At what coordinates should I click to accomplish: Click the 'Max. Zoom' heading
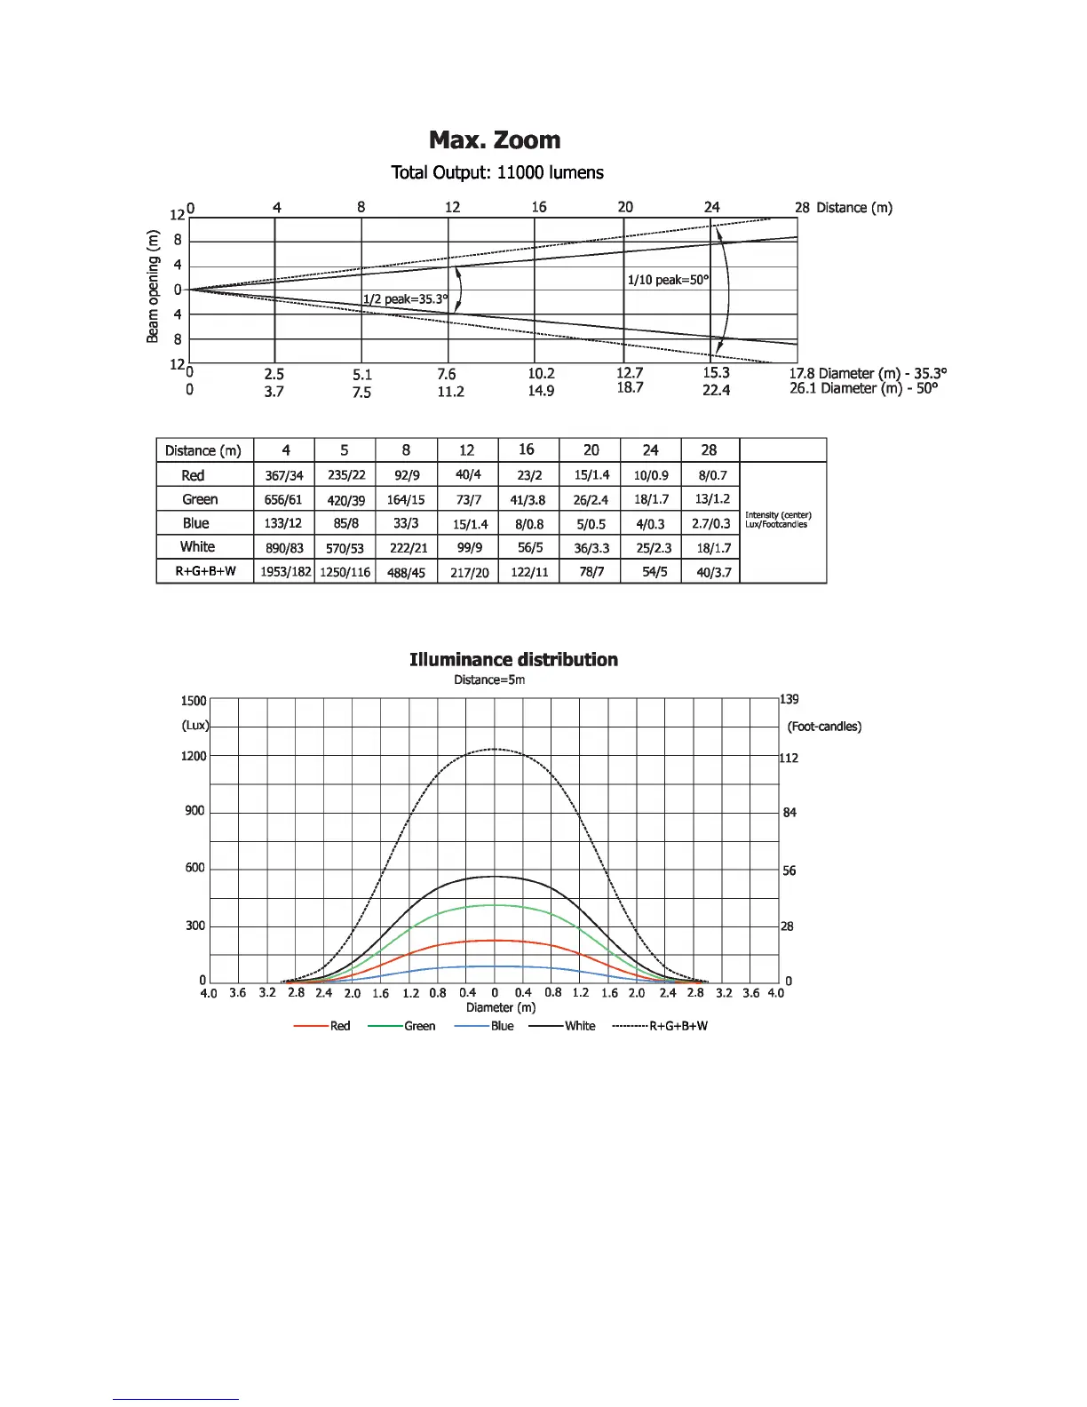[495, 140]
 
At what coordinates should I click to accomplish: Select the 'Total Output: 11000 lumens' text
[497, 172]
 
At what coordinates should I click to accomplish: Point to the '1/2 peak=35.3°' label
[405, 299]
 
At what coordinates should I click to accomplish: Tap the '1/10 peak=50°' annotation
[668, 280]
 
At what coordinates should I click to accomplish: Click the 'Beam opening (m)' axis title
[153, 286]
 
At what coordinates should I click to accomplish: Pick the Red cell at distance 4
[284, 476]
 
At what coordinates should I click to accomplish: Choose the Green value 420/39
[345, 500]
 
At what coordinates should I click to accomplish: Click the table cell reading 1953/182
[285, 572]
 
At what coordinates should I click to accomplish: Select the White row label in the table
[197, 547]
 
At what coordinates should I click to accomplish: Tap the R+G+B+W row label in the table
[205, 571]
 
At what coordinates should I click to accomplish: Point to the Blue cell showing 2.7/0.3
[710, 524]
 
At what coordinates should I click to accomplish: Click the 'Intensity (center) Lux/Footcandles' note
[778, 520]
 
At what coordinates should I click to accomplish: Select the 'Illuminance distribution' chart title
[513, 660]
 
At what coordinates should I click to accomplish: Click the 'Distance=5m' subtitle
[489, 680]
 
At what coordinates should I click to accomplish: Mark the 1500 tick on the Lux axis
[194, 701]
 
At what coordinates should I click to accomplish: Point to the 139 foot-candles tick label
[789, 699]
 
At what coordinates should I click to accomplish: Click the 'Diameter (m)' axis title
[501, 1007]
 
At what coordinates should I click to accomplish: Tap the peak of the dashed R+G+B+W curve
[495, 750]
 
